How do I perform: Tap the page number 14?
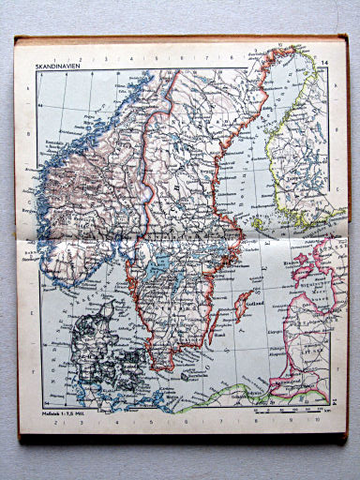tap(324, 65)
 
